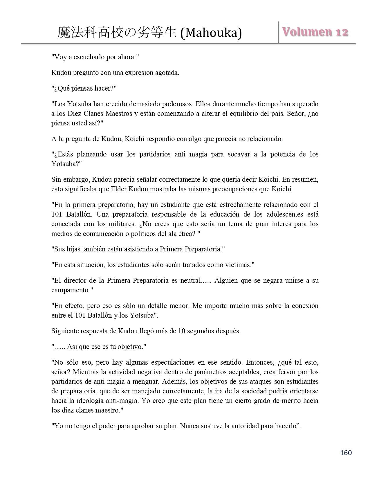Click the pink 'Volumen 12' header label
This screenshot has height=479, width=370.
pos(315,32)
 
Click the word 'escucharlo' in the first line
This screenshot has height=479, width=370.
pos(90,57)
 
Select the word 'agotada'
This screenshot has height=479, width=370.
pos(168,73)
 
